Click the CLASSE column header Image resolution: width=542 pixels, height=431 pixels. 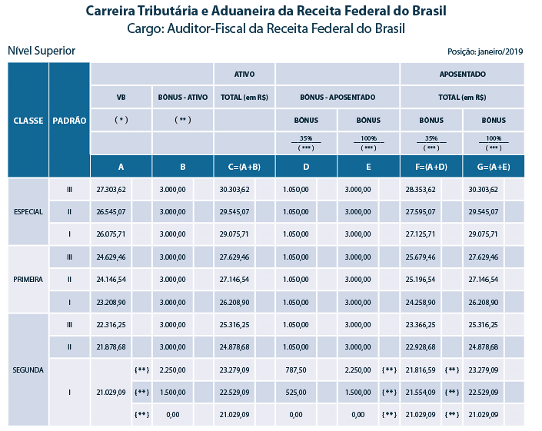pos(28,121)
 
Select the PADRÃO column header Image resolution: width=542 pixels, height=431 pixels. pos(69,121)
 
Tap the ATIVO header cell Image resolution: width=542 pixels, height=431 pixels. pos(244,75)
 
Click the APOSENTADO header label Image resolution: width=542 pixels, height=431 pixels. pos(462,75)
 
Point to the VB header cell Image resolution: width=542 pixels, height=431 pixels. pos(121,98)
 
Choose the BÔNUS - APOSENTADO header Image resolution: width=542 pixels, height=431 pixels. pos(338,98)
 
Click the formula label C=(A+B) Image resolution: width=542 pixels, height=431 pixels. pos(244,167)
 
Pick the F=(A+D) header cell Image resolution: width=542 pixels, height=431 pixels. pos(431,167)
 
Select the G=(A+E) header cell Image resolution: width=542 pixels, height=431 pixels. pos(494,167)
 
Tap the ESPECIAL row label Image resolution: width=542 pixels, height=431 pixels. pos(28,212)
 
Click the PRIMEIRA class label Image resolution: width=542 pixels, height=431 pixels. pos(28,279)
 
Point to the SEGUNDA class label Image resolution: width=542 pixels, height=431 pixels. pos(28,370)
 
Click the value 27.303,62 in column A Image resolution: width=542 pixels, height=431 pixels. pos(111,189)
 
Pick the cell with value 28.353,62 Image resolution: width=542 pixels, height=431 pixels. pos(421,189)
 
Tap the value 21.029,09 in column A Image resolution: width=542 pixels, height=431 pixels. pos(111,392)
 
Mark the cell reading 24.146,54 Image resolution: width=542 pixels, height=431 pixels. pos(111,279)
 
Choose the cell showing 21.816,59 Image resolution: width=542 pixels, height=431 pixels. pos(421,370)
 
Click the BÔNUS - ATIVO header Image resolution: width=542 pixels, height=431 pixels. pos(183,98)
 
